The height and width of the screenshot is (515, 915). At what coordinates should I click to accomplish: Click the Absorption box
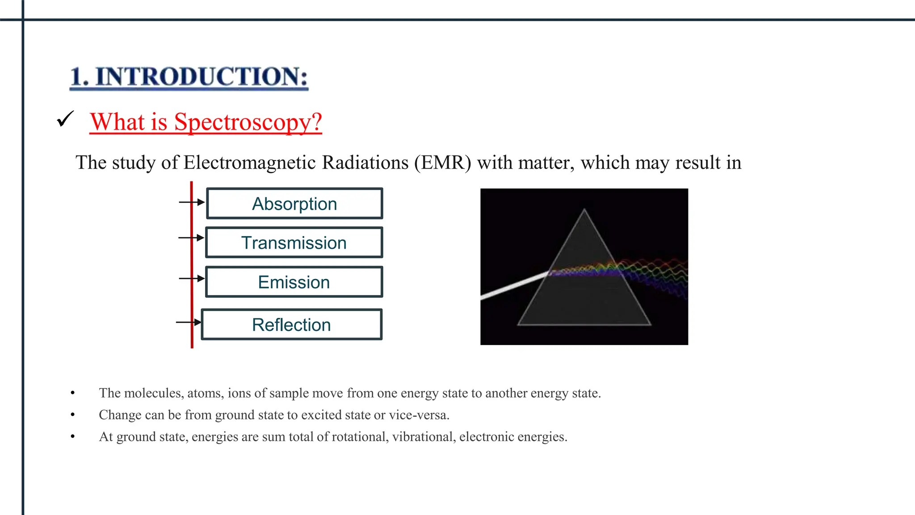(294, 204)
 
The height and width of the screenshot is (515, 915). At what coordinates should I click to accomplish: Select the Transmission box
(294, 243)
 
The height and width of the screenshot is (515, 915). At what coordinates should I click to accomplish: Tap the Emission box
(294, 282)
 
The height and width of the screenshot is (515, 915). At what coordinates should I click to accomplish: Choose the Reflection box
(291, 325)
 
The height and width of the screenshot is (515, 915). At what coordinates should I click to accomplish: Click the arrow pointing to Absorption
(192, 203)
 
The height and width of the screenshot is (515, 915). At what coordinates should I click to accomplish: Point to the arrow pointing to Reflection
(189, 322)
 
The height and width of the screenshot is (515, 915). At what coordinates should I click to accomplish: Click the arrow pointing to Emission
(192, 279)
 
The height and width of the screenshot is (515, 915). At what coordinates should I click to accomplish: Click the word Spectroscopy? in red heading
(248, 122)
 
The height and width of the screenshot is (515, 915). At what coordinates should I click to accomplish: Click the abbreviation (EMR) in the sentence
(442, 162)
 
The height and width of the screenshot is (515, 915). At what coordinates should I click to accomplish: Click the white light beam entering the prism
(514, 286)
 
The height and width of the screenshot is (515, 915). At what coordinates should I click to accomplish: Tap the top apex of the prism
(584, 210)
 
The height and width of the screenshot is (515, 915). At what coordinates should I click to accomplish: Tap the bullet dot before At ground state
(73, 436)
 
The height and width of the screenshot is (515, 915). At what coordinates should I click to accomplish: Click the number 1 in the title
(77, 76)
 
